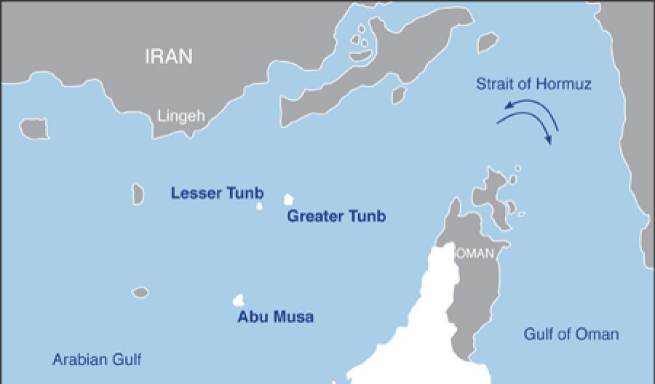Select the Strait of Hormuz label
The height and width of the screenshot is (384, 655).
pos(533,85)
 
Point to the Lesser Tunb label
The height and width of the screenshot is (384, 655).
pos(217,194)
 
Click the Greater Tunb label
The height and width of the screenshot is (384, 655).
pos(336,216)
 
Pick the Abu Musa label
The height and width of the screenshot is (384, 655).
pos(276,318)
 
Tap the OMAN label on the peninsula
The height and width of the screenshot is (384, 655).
pos(475,254)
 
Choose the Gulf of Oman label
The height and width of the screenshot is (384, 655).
pos(571,334)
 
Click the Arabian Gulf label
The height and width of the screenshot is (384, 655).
pos(97,360)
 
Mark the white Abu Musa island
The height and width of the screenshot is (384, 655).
pos(238,299)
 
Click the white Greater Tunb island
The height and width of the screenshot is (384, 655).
pos(289,199)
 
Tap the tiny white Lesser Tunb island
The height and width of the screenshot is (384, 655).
pos(259,206)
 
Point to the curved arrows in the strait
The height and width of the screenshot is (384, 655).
pos(531,120)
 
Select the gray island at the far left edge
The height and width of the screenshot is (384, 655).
pos(34,129)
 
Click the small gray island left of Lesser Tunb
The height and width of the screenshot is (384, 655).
pos(138,193)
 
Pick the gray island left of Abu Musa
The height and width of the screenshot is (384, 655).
pos(140,292)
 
